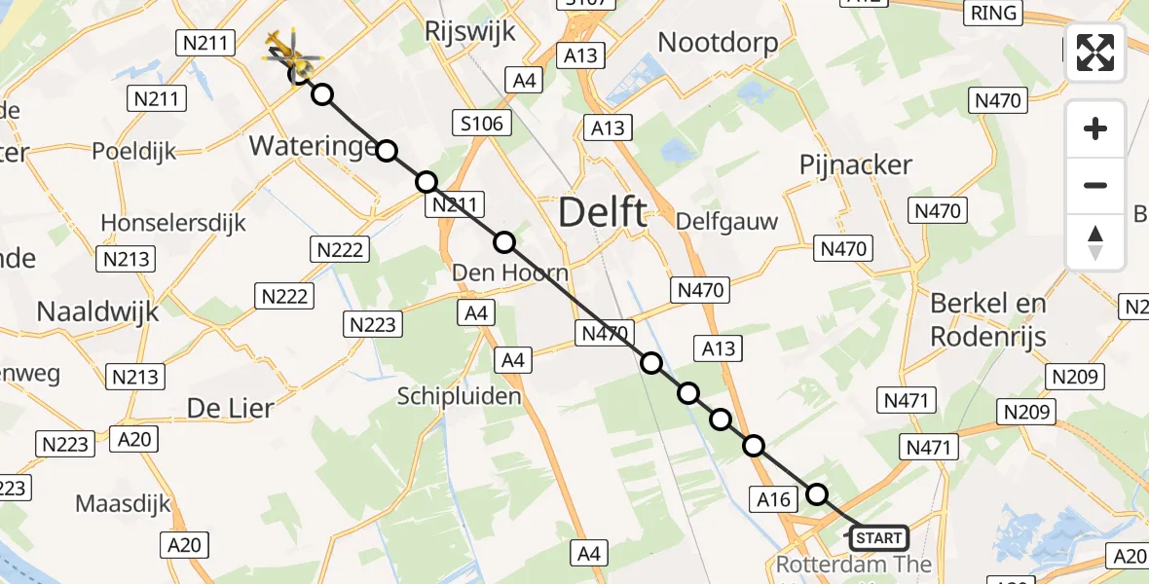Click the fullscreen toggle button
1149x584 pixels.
(x=1095, y=53)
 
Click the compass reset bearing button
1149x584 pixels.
(x=1095, y=242)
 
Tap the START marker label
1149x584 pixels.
(x=879, y=537)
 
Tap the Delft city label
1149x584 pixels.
(x=603, y=212)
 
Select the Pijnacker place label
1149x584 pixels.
(x=856, y=164)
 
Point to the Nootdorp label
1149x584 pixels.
(x=719, y=42)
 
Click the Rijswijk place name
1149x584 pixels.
(x=469, y=31)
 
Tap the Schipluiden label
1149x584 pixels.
(x=460, y=396)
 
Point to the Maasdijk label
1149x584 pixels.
(x=123, y=504)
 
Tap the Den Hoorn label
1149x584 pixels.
(x=510, y=274)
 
